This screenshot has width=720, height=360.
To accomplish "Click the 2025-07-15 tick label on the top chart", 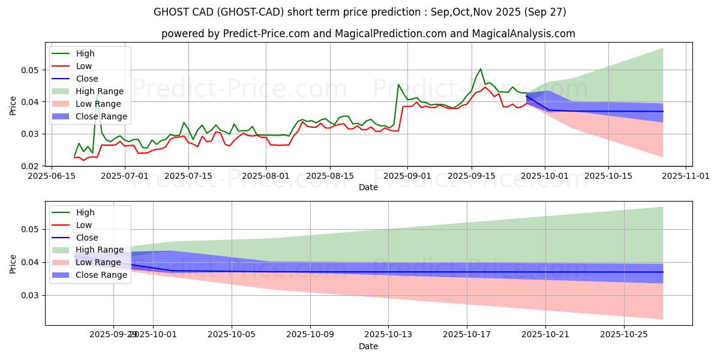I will pos(188,176).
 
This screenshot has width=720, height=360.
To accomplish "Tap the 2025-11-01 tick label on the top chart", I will pos(671,176).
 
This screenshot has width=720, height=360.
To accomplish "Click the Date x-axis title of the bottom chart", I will pos(368,346).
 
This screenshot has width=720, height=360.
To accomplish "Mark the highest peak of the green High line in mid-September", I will pos(480,69).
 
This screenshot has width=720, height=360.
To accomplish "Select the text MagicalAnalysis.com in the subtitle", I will pos(524,34).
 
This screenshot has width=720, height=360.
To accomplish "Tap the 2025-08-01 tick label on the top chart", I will pos(266,176).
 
